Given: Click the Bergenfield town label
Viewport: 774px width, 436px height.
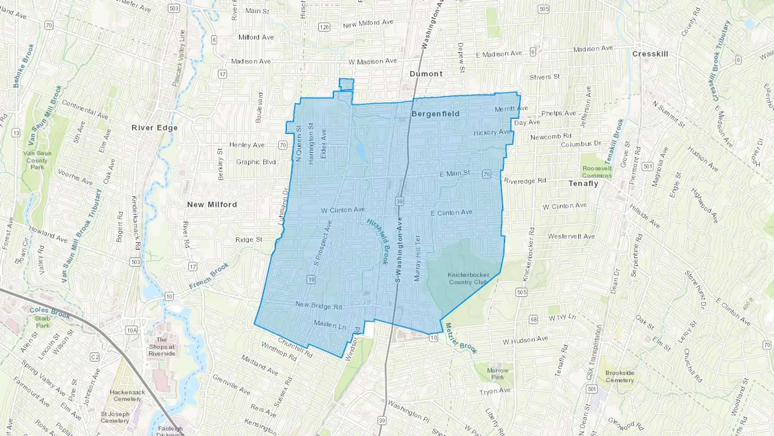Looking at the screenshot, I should pyautogui.click(x=435, y=114).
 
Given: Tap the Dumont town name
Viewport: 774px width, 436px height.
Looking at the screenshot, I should pyautogui.click(x=426, y=74).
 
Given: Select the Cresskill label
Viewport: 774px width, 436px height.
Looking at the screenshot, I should pyautogui.click(x=650, y=54).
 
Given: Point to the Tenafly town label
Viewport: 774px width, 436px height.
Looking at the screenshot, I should pyautogui.click(x=583, y=183).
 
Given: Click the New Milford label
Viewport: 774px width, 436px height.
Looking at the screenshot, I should pyautogui.click(x=212, y=204).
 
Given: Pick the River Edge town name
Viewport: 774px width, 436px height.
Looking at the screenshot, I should pyautogui.click(x=154, y=128).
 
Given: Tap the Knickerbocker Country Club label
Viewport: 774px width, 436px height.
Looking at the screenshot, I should pyautogui.click(x=468, y=278).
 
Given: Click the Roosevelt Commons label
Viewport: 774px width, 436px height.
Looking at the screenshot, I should pyautogui.click(x=597, y=172).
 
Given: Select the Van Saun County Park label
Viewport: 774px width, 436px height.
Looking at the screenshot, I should pyautogui.click(x=37, y=160).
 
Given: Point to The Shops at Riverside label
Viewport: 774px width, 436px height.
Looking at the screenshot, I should pyautogui.click(x=162, y=346).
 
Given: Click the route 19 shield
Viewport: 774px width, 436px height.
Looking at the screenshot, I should pyautogui.click(x=311, y=279).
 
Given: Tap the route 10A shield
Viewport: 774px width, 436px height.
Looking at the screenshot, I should pyautogui.click(x=132, y=330).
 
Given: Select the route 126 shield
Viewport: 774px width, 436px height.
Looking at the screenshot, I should pyautogui.click(x=324, y=27).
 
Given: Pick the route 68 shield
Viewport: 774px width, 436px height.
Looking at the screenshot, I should pyautogui.click(x=533, y=319).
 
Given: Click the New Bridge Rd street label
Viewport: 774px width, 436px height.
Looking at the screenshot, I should pyautogui.click(x=319, y=306).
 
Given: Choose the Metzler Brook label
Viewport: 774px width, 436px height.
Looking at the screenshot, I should pyautogui.click(x=461, y=338).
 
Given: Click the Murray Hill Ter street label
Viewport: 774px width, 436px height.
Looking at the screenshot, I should pyautogui.click(x=417, y=258).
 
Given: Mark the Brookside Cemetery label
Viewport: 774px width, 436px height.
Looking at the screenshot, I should pyautogui.click(x=620, y=377).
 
